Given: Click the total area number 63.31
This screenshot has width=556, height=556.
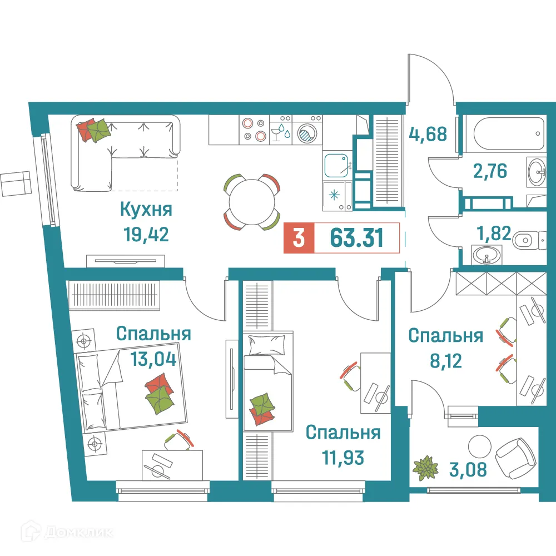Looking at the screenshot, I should point(356,238).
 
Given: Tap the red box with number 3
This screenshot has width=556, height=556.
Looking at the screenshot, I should point(299,238).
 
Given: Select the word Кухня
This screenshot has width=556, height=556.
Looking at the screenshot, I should point(146,210).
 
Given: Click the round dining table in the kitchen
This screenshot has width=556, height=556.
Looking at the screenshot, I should point(251,201).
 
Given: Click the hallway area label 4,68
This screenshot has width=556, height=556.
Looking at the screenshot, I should point(428,133).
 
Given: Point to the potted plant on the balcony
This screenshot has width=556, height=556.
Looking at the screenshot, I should point(425,468).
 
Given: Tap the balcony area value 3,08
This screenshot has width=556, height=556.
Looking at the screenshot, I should point(468,470).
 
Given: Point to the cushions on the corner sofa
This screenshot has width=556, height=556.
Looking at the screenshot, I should point(95,130).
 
